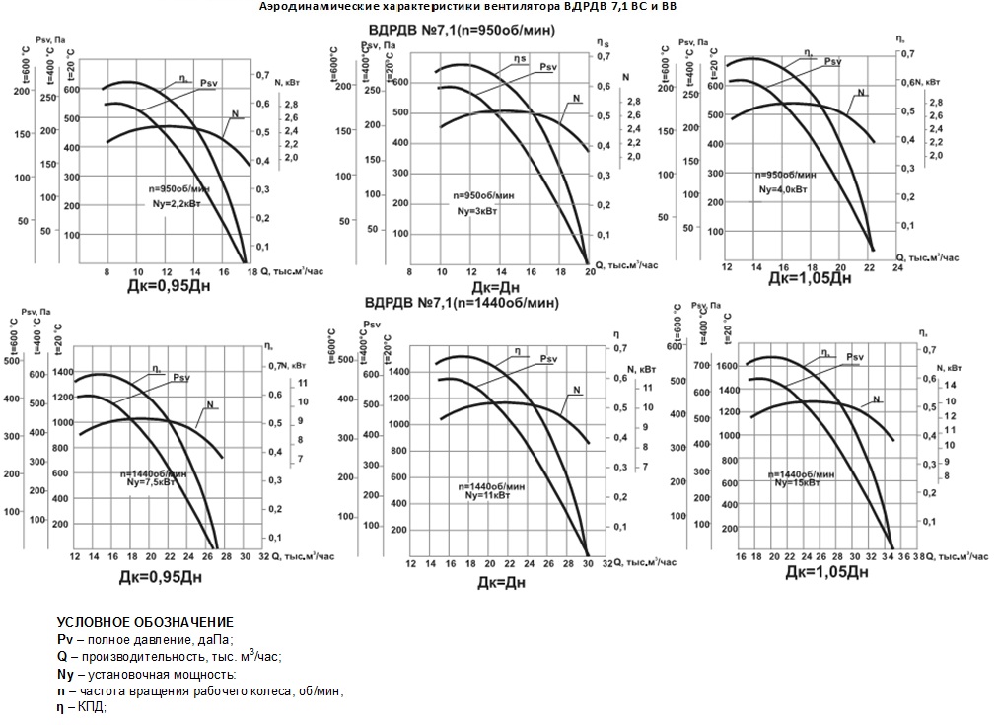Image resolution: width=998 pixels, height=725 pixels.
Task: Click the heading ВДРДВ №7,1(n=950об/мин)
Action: (x=462, y=30)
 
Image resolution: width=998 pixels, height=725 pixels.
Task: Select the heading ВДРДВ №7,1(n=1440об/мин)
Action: (x=462, y=303)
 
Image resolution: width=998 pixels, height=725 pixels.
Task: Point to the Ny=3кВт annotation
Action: (x=483, y=212)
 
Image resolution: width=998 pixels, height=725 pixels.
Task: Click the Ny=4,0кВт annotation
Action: (x=785, y=187)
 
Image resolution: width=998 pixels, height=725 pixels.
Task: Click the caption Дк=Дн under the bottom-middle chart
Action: (x=499, y=582)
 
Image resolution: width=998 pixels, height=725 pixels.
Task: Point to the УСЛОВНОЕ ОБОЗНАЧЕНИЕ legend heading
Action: (x=145, y=622)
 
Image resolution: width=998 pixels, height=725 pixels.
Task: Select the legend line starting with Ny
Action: (x=147, y=674)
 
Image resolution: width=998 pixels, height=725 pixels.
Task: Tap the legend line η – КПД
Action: (x=82, y=707)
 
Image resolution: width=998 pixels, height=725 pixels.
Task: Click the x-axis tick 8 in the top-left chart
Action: (x=107, y=271)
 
